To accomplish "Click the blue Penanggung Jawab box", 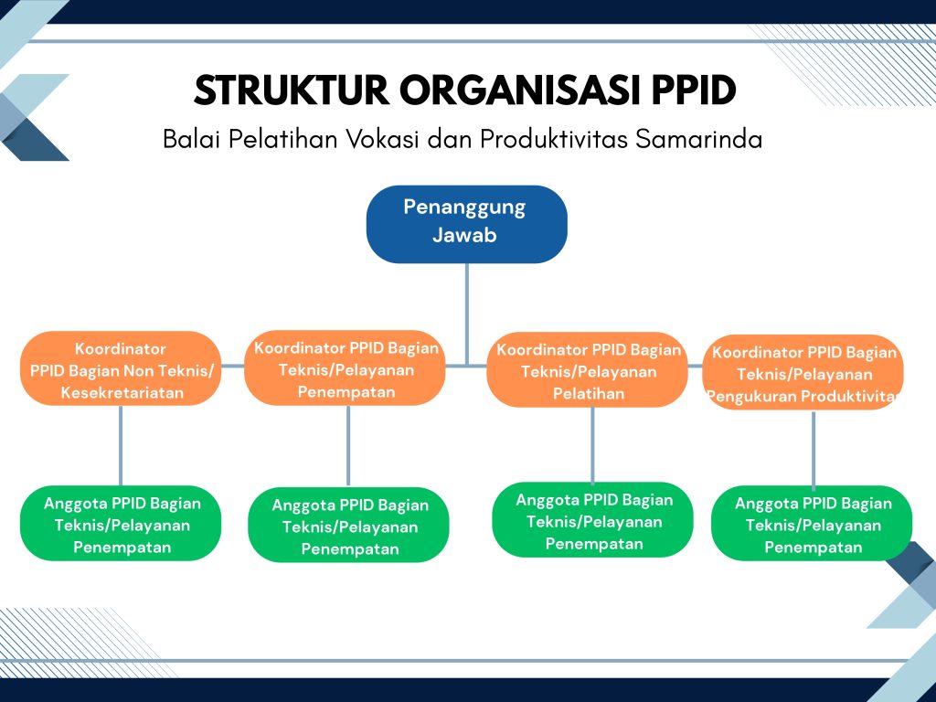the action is [x=467, y=224].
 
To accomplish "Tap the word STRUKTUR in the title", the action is [x=292, y=90].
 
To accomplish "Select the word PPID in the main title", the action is [x=693, y=90].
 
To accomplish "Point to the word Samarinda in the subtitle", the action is [x=698, y=140].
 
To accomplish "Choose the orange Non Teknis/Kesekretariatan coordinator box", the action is [x=121, y=368].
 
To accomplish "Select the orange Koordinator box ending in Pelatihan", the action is [x=588, y=369].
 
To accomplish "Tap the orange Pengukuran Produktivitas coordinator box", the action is [x=803, y=373].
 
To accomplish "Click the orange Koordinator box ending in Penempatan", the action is [x=345, y=367].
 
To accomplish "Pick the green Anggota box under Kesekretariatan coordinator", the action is [x=121, y=524].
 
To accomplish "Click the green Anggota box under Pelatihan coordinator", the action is [x=592, y=520].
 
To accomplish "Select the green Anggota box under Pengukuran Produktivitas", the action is [x=812, y=524].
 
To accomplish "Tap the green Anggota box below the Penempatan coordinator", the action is [x=348, y=526].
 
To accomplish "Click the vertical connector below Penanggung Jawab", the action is [x=467, y=314].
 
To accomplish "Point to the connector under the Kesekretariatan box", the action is [x=121, y=446].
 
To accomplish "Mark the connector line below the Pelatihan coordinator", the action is [x=592, y=445].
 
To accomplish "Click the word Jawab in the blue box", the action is [x=464, y=235].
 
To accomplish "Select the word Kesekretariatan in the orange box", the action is [x=122, y=393].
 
